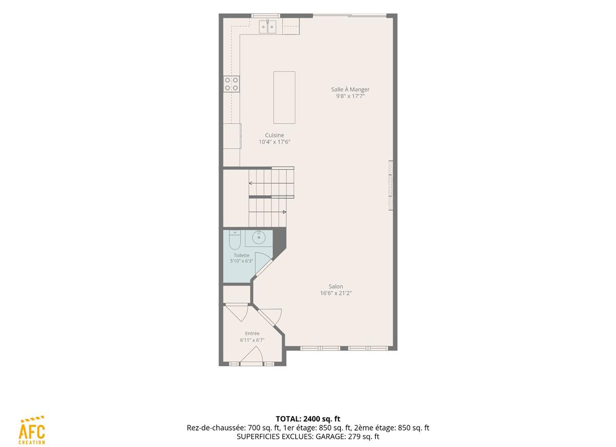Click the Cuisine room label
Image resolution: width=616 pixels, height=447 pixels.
274,135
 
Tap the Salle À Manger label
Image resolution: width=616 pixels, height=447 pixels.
350,89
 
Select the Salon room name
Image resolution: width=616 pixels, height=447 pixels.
336,286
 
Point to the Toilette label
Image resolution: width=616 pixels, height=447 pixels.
241,255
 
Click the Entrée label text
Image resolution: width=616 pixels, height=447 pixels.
252,333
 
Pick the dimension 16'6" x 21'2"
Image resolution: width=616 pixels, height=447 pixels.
336,293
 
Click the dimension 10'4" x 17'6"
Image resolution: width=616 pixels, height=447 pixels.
275,142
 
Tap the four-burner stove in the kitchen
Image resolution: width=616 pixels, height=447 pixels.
232,84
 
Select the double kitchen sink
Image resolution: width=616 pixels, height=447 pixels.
267,27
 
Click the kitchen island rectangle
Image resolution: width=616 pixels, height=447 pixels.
284,98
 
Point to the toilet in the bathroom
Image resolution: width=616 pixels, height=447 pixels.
235,240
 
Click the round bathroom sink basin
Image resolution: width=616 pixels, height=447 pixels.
259,238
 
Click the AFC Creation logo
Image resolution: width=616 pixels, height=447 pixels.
32,430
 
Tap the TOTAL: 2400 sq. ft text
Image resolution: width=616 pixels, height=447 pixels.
308,419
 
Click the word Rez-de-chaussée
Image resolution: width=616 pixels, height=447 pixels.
216,427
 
